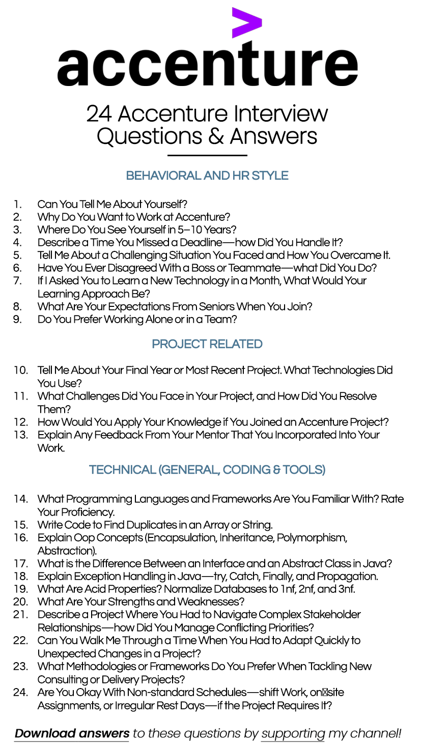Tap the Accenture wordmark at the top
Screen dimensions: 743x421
coord(207,65)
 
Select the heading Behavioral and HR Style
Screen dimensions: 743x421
coord(207,176)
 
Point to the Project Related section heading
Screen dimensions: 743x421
coord(207,345)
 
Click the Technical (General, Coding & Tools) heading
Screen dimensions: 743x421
coord(207,470)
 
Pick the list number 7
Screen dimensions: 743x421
coord(18,281)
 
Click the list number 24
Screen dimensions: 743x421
coord(21,693)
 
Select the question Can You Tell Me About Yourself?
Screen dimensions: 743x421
coord(113,205)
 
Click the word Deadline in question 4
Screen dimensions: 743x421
coord(201,243)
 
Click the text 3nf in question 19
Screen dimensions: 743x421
coord(345,589)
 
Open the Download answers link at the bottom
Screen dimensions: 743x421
coord(72,733)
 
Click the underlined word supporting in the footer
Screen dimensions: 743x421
coord(293,733)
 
